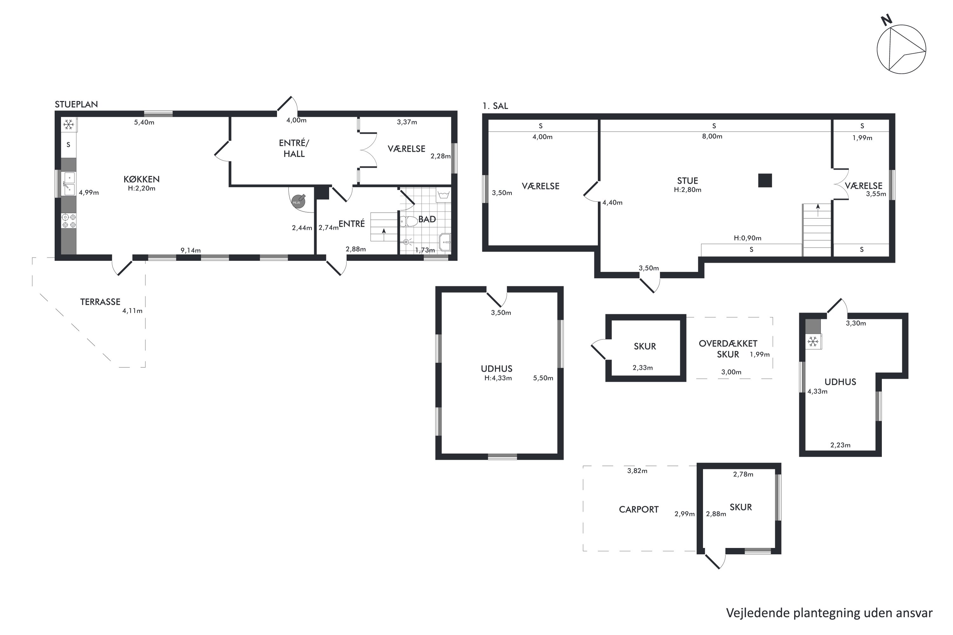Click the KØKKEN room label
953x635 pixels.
point(141,179)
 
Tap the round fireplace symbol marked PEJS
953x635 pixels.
point(298,201)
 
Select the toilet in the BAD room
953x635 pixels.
point(409,221)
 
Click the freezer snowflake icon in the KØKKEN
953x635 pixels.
point(69,124)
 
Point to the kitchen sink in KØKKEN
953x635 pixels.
point(69,184)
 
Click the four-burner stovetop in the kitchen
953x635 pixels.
point(69,221)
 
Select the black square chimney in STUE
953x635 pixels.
point(765,180)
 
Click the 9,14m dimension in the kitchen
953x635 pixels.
point(190,250)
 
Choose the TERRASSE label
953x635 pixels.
point(100,302)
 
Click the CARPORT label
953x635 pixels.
point(639,510)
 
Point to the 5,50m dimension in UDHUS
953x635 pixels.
point(543,378)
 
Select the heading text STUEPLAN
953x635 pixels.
point(76,104)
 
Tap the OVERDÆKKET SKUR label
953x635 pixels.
point(728,349)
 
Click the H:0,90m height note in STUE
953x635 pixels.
point(747,238)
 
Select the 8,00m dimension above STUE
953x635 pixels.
point(712,137)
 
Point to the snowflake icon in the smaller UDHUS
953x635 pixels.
point(813,342)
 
